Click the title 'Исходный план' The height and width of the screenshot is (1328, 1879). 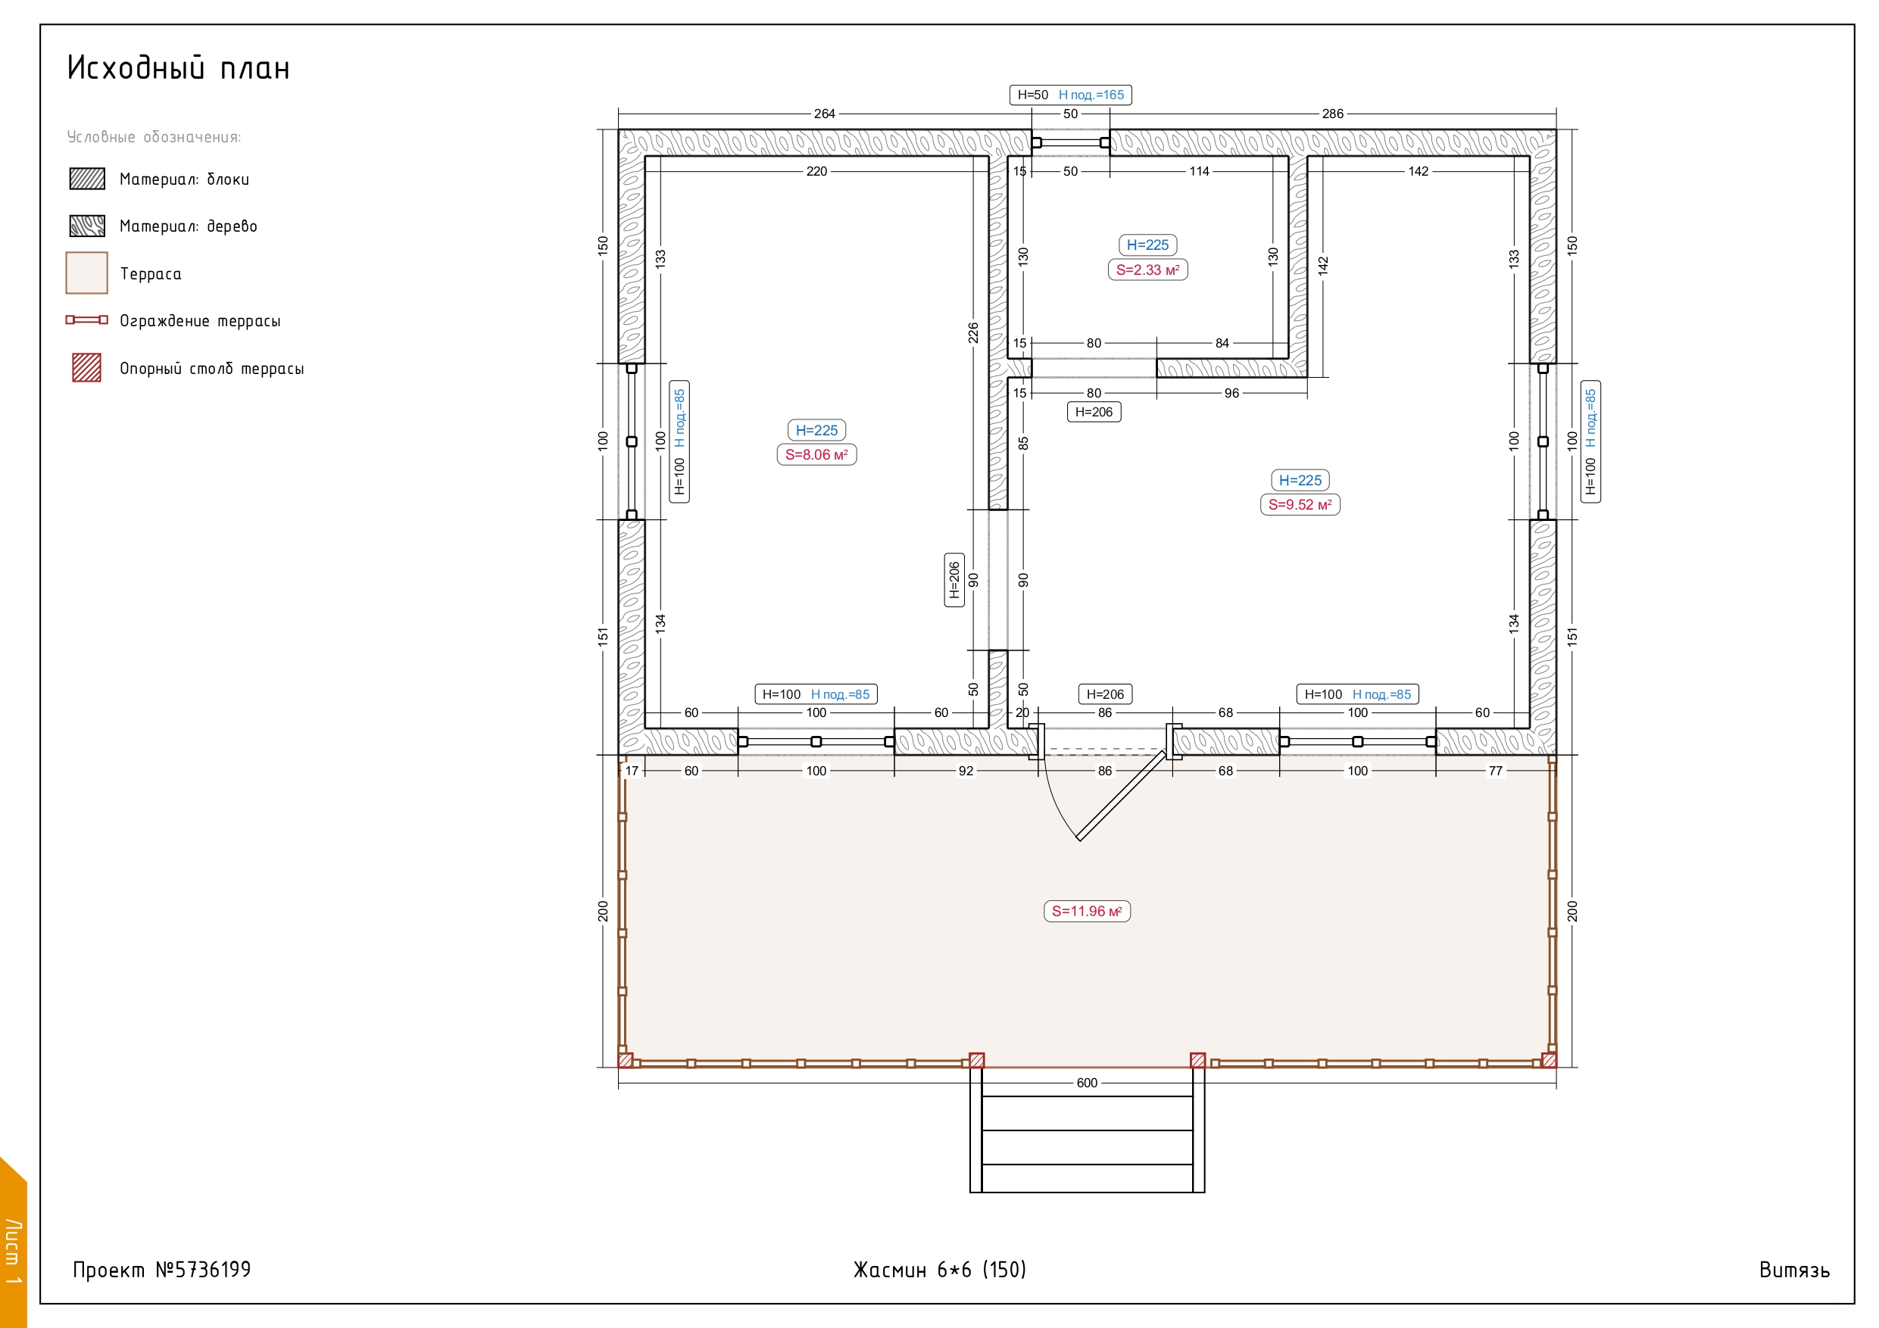point(179,68)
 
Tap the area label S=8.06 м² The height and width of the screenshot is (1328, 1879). point(816,455)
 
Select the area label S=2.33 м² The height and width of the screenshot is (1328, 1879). point(1147,270)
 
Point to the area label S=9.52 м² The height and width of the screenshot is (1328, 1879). point(1300,505)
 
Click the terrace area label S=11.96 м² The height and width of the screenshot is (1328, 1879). point(1087,912)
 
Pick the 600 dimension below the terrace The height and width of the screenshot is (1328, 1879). point(1087,1083)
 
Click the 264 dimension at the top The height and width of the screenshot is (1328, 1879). point(824,114)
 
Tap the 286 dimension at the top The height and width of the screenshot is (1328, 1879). point(1332,114)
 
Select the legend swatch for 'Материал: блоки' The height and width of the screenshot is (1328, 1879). point(87,179)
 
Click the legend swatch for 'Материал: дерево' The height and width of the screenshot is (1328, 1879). point(87,226)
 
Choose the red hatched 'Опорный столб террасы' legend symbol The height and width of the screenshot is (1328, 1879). point(87,367)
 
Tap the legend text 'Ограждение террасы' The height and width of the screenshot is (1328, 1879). point(200,321)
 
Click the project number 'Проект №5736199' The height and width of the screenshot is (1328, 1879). point(162,1269)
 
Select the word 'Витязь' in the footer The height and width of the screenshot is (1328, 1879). point(1794,1270)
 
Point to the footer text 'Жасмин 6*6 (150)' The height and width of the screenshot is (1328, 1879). point(939,1269)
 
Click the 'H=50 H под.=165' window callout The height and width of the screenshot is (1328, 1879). point(1070,95)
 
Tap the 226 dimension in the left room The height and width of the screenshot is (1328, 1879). point(973,333)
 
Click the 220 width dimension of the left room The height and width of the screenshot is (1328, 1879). point(816,171)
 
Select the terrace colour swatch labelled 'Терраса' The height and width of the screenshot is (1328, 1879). point(87,273)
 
